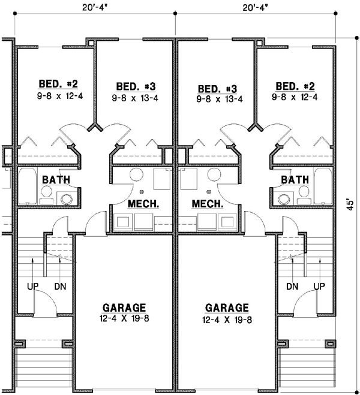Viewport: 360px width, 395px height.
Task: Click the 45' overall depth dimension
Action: [351, 204]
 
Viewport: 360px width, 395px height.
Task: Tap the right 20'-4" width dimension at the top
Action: [256, 7]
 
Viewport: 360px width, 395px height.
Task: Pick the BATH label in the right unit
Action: [295, 179]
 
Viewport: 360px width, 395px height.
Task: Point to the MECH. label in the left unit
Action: [143, 204]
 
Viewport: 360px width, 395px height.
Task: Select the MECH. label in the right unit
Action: [208, 204]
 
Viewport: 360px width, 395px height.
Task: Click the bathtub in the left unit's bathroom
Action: [28, 186]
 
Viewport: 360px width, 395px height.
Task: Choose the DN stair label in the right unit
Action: [292, 287]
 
